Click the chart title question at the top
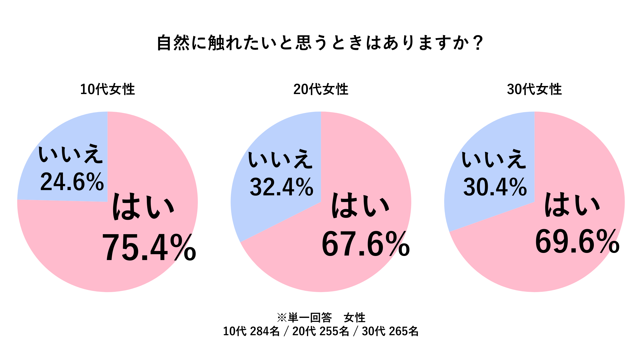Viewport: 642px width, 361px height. [x=320, y=43]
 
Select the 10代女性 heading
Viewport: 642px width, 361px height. [x=107, y=89]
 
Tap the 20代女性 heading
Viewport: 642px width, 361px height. [x=321, y=89]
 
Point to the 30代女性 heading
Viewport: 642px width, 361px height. [x=534, y=89]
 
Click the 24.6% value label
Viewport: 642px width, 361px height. [x=72, y=182]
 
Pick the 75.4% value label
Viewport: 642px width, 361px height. [x=149, y=248]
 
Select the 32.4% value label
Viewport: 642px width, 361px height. [x=281, y=187]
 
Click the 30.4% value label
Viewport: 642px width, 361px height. [x=495, y=187]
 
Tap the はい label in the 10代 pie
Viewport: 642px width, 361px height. [x=143, y=207]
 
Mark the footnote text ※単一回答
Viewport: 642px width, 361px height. [x=304, y=318]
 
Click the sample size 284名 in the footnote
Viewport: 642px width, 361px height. [x=265, y=331]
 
